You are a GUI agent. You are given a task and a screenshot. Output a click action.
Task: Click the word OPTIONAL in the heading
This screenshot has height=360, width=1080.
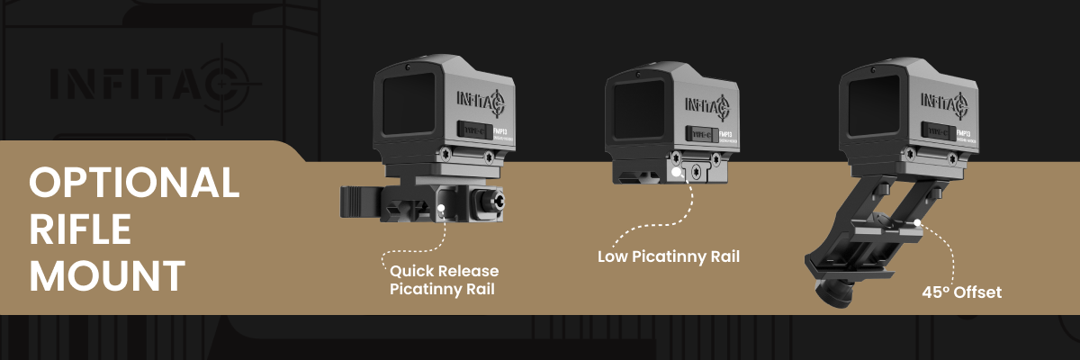(134, 184)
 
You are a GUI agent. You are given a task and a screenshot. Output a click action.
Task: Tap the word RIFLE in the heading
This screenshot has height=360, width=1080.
(80, 229)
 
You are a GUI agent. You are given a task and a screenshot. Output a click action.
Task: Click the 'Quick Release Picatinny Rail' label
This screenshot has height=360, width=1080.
(444, 280)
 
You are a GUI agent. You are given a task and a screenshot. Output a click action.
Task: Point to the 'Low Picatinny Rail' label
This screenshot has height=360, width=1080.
(668, 256)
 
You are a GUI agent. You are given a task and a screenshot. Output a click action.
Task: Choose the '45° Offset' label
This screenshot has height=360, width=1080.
(961, 292)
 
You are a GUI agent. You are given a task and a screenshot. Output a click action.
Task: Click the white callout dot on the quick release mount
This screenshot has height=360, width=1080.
(443, 207)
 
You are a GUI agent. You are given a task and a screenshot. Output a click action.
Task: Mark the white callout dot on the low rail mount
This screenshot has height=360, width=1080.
(675, 169)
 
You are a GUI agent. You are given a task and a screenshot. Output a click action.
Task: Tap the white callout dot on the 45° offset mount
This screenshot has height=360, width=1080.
(915, 221)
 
